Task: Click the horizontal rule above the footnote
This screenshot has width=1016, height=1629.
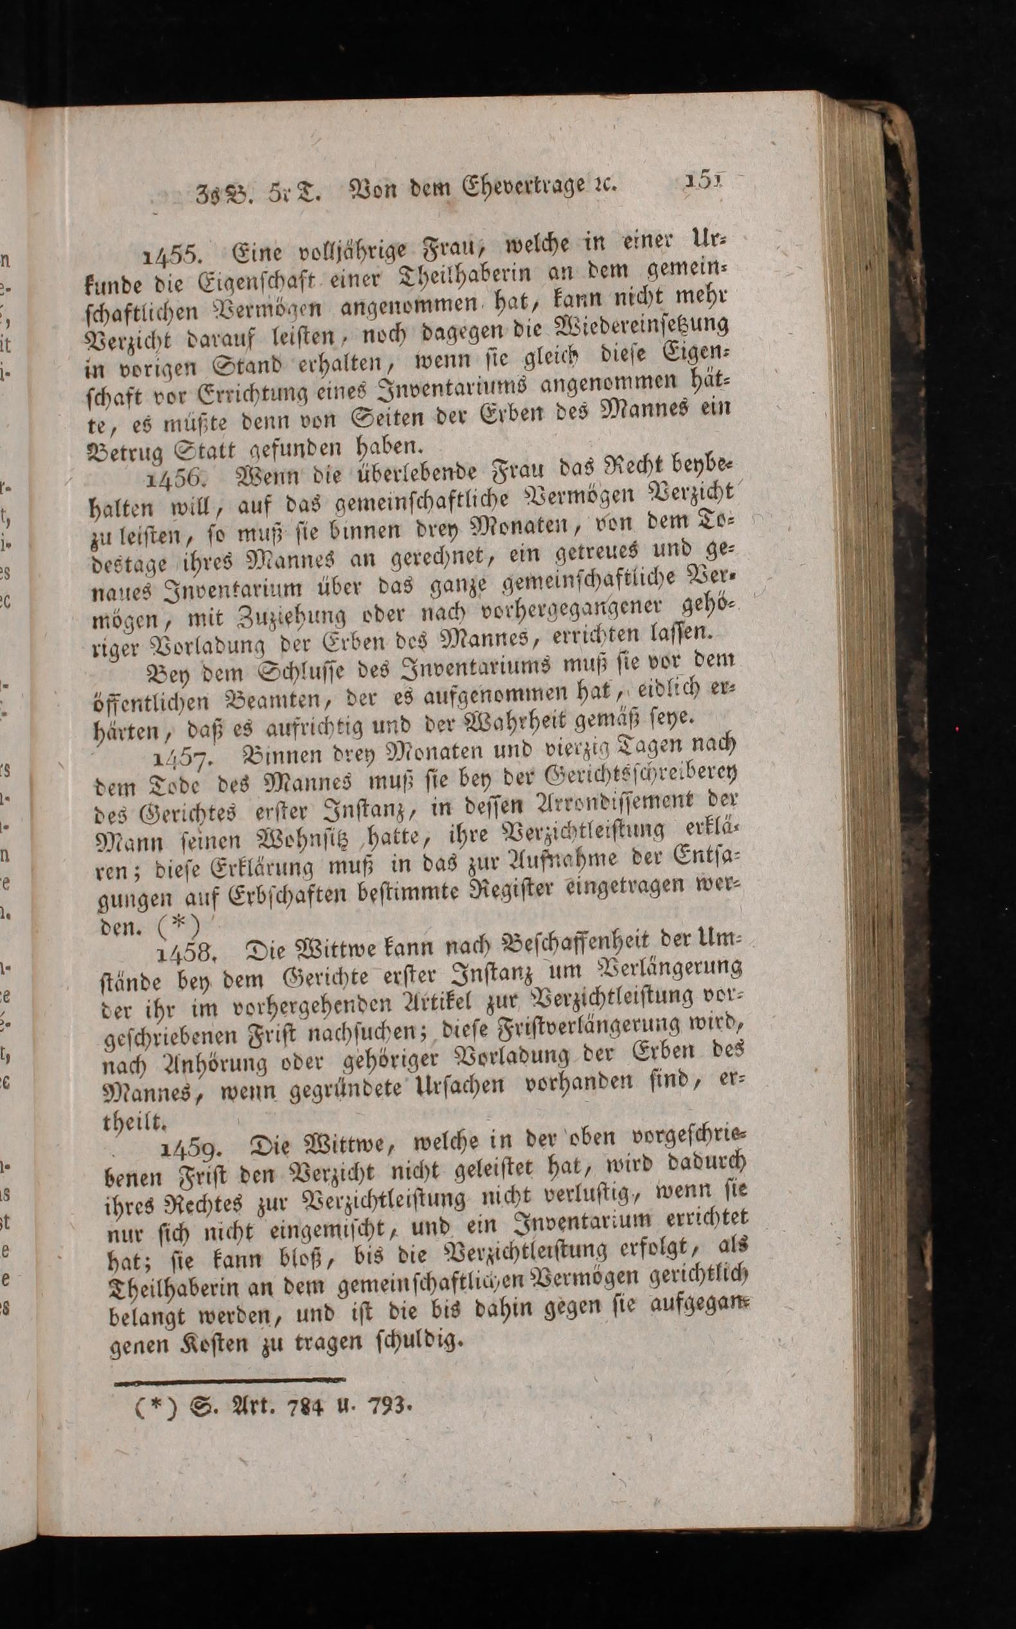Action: (229, 1380)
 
